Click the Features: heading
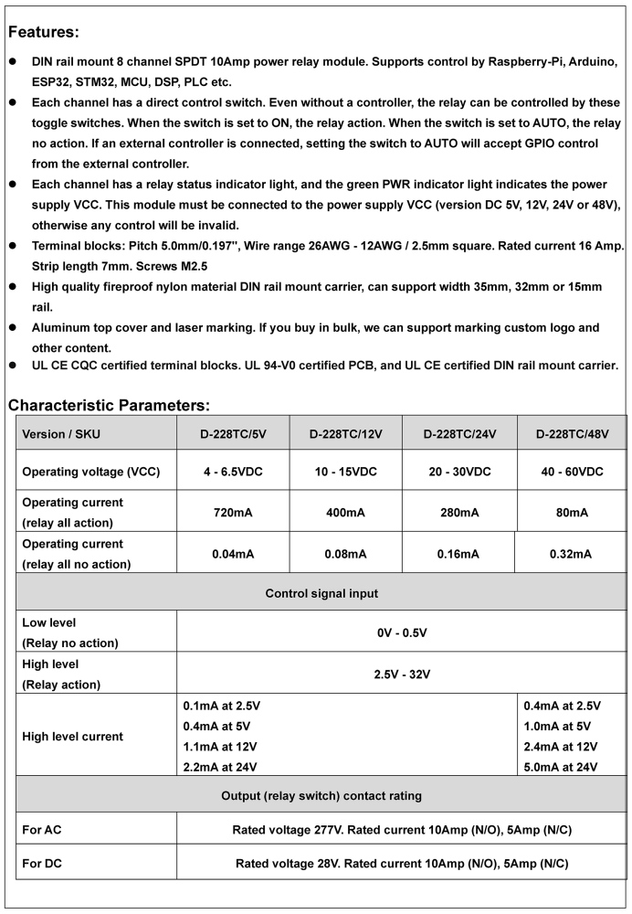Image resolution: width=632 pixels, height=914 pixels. (43, 32)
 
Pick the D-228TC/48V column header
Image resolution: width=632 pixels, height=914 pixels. (572, 434)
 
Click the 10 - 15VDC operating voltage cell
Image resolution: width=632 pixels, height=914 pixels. (345, 472)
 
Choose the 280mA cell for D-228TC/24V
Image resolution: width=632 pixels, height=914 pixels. (459, 513)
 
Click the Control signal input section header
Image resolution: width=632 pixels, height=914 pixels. (321, 593)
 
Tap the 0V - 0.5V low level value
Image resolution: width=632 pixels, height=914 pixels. (402, 632)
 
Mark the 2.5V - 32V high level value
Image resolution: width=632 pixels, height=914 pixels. (402, 675)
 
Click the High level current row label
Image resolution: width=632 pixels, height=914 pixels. (72, 736)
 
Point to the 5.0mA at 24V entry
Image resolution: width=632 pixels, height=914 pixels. (561, 767)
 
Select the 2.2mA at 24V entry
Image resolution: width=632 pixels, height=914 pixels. (220, 767)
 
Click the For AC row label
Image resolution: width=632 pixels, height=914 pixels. (42, 830)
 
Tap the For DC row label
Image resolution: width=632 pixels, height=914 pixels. (42, 863)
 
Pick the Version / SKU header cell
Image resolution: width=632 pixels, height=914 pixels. (61, 434)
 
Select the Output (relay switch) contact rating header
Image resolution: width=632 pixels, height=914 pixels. (321, 796)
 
